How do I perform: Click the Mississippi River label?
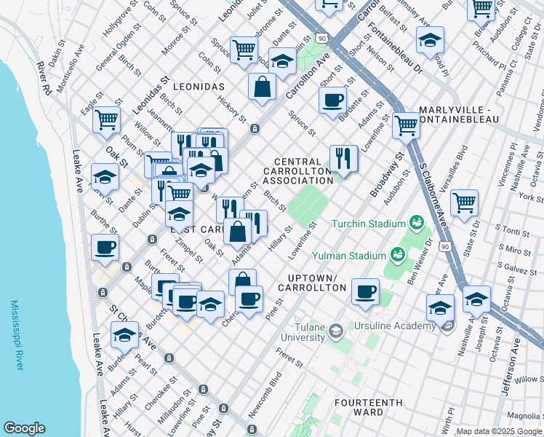17,335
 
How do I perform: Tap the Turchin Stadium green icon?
417,221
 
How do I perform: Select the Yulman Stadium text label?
348,256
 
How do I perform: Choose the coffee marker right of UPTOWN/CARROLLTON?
366,291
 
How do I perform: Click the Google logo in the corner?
24,428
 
